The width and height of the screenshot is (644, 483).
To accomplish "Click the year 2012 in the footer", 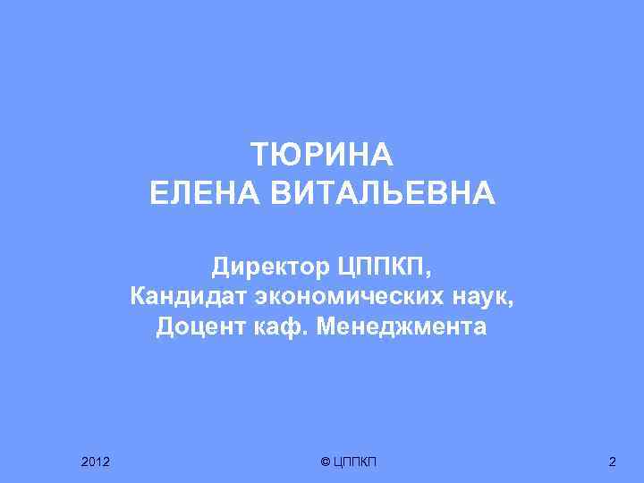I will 95,462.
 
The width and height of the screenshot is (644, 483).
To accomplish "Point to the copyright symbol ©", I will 325,462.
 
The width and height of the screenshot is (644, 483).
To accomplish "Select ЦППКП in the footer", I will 355,462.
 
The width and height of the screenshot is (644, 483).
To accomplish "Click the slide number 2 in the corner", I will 612,462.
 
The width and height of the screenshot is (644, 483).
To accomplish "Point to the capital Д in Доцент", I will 165,326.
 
